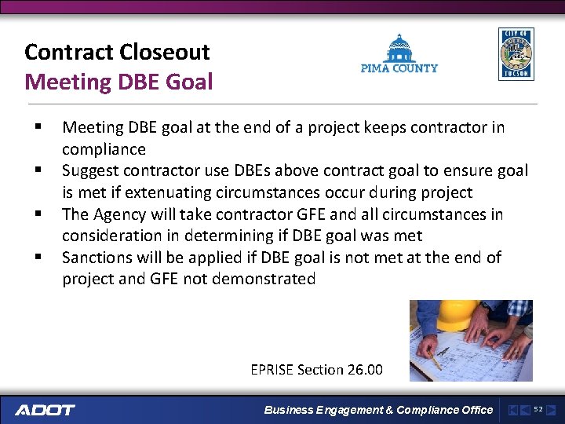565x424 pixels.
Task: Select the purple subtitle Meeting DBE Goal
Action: click(118, 81)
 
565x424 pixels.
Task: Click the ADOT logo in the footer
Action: click(46, 410)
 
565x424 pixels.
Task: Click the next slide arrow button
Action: click(551, 409)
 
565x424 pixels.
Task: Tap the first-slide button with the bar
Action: click(512, 409)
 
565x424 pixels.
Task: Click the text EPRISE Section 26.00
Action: click(316, 369)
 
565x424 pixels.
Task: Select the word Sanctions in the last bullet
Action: click(97, 258)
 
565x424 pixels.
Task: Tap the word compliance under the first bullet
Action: click(104, 149)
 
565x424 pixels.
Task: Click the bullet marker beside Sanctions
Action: click(37, 258)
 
